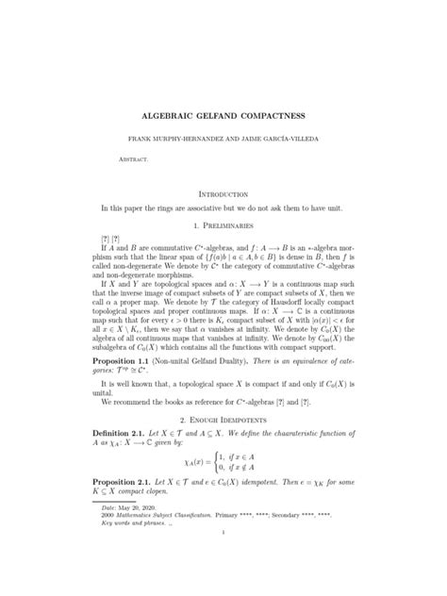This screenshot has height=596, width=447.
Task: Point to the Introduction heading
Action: [x=223, y=192]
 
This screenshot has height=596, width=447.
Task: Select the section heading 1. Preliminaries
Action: [x=223, y=226]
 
